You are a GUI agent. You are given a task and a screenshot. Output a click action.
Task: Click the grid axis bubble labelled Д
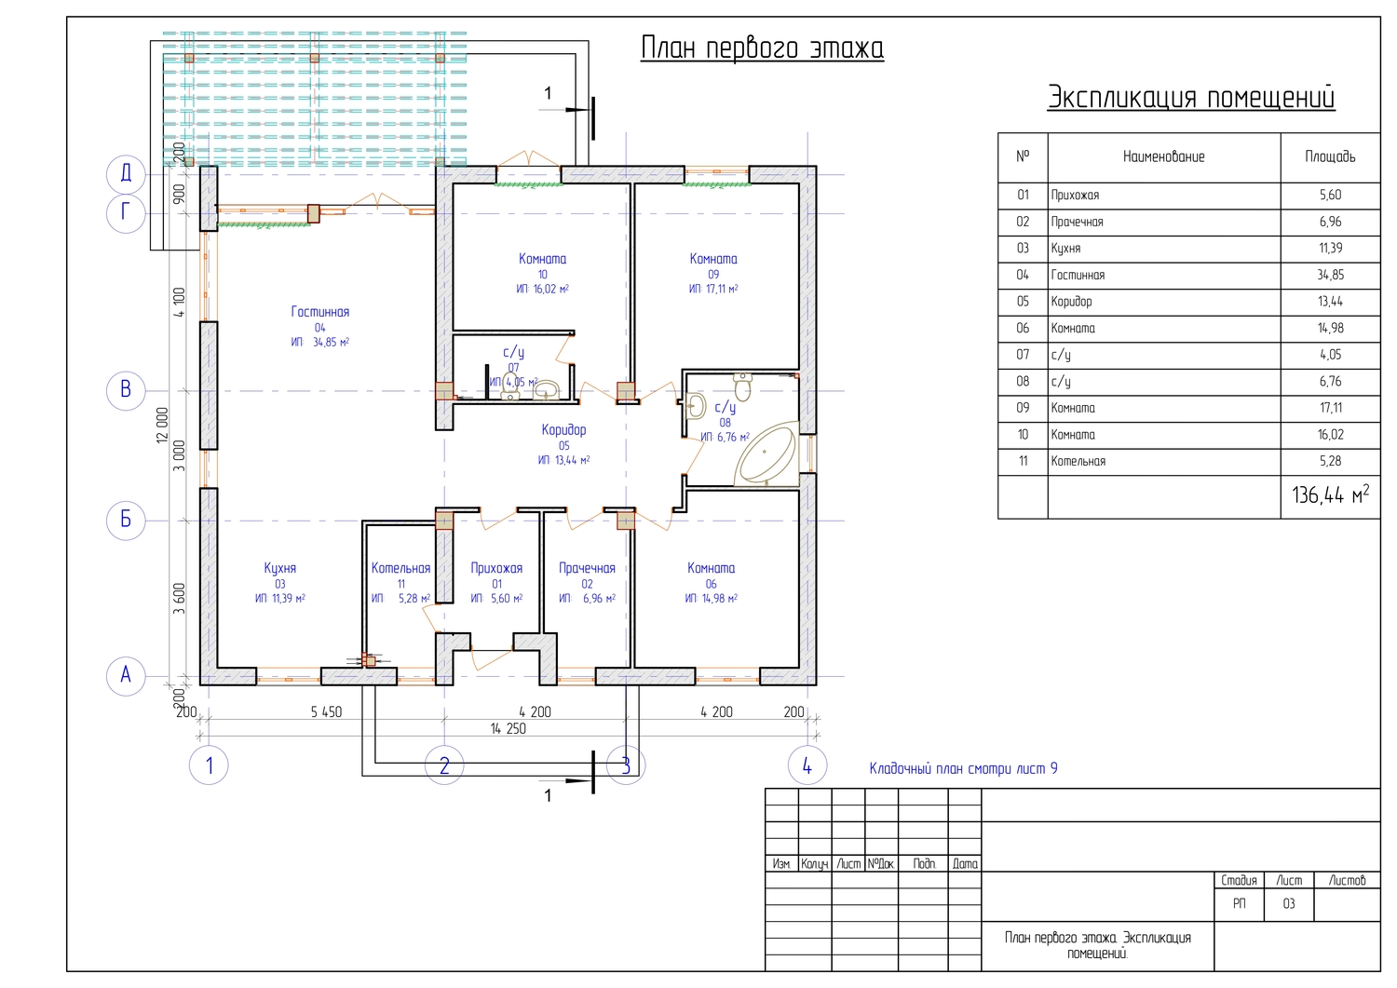tap(126, 174)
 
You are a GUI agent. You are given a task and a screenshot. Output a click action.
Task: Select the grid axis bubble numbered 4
tap(807, 765)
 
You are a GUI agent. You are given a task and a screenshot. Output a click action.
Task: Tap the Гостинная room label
tap(320, 312)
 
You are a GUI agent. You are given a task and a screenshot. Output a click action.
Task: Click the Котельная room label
tap(400, 568)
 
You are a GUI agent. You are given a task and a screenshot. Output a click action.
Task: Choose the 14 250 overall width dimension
tap(508, 728)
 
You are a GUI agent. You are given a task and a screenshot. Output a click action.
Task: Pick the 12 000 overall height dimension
tap(162, 426)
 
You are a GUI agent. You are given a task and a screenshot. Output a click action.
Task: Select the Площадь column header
tap(1330, 156)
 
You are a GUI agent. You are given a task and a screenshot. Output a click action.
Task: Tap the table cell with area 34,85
tap(1330, 275)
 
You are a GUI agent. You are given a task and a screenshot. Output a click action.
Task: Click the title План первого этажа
tap(762, 48)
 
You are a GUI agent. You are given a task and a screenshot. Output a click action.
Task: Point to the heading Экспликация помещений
tap(1191, 98)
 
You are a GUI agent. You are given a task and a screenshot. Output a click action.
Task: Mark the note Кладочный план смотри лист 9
tap(964, 768)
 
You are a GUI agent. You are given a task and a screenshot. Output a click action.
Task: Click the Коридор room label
tap(563, 430)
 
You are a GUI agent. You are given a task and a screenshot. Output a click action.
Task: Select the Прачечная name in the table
tap(1077, 222)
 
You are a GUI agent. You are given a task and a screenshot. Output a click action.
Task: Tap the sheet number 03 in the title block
tap(1288, 904)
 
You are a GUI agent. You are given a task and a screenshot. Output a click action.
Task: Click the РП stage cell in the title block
tap(1240, 904)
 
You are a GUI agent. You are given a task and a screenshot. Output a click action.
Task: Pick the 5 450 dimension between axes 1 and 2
tap(326, 711)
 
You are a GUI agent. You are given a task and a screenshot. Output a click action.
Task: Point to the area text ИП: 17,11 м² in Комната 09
tap(712, 289)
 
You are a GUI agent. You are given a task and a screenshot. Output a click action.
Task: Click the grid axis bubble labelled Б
tap(126, 521)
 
